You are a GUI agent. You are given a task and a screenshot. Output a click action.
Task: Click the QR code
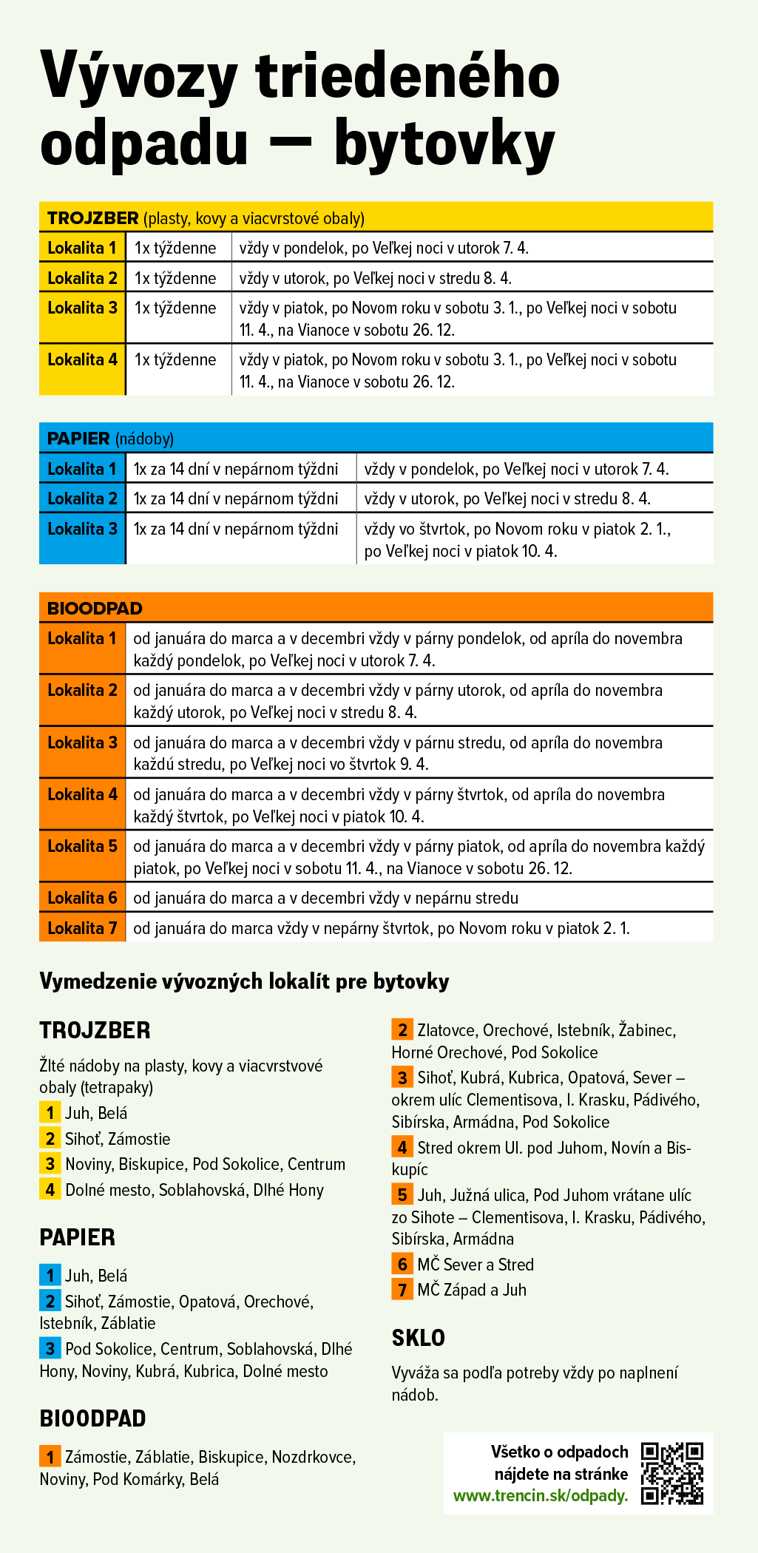671,1472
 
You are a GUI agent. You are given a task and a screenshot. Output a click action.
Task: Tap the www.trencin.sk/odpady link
540,1495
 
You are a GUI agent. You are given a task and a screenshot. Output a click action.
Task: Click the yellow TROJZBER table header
376,217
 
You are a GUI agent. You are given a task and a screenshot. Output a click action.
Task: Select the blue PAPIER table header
376,438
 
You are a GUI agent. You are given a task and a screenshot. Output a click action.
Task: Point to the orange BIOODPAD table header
376,608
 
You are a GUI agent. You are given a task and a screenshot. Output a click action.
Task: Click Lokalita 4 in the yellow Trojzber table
82,360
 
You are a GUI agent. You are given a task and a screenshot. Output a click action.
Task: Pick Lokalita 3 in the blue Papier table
82,529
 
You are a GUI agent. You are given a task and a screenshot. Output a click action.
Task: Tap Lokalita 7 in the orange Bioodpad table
82,928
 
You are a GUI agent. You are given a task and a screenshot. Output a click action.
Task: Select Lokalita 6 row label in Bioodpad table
82,898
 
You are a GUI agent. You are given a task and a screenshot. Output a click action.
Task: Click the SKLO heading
419,1338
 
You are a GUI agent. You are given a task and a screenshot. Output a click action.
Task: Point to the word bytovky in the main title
444,144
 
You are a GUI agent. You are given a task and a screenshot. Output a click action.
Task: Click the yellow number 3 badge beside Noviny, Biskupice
50,1164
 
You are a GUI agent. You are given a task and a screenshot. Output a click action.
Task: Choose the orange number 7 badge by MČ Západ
402,1290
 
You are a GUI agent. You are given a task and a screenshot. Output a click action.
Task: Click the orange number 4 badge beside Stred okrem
402,1148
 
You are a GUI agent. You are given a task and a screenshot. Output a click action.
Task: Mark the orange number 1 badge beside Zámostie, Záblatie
50,1457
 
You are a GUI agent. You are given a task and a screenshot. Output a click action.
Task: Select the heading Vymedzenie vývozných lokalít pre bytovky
244,981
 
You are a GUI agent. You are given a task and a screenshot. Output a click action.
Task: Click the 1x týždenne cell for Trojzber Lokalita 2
175,278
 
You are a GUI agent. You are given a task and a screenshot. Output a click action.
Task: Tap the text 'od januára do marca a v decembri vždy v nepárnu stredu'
325,898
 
